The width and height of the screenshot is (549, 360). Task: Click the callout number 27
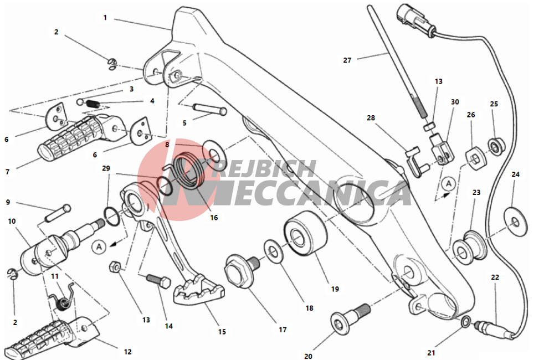point(347,60)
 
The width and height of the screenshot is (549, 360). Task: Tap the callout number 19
point(335,289)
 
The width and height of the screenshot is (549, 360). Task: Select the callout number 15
point(222,332)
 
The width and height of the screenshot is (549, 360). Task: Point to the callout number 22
point(495,277)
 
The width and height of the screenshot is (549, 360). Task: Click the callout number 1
point(105,18)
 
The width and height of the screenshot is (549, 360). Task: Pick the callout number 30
point(455,102)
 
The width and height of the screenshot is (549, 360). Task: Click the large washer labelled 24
point(516,222)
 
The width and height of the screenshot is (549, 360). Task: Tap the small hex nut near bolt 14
point(115,266)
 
